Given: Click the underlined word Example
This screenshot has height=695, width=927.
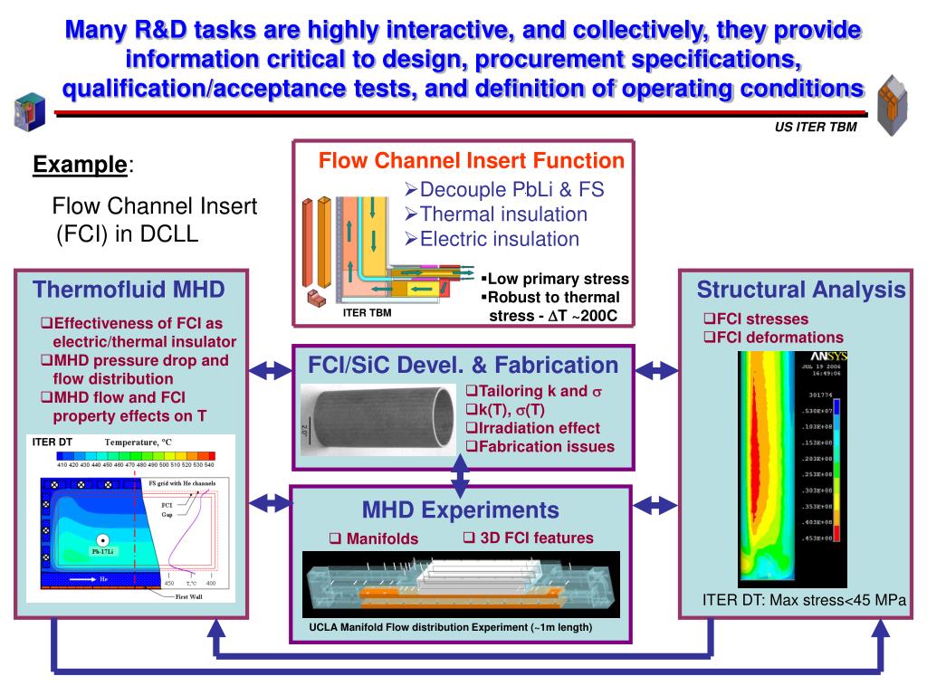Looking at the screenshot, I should click(x=80, y=165).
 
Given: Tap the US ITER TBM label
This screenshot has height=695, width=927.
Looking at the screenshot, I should click(x=815, y=128).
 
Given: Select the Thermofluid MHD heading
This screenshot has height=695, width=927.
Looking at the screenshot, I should click(x=129, y=290).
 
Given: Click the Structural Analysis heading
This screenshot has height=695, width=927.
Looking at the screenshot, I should click(x=800, y=290).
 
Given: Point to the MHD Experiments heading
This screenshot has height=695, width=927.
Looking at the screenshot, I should click(x=460, y=509).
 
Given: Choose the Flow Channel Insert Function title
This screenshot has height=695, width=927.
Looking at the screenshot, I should click(x=471, y=161).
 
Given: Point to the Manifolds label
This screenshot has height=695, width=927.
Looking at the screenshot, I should click(x=374, y=538).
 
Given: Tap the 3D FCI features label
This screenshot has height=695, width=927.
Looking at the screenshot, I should click(x=529, y=538).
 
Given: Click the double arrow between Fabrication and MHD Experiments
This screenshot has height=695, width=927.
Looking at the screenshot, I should click(x=460, y=475).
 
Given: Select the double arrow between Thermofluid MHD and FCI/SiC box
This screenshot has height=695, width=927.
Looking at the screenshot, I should click(x=269, y=370).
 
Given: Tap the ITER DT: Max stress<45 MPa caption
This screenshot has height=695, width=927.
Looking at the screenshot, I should click(x=804, y=599).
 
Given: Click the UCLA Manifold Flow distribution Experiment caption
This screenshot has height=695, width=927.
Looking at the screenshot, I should click(x=451, y=627).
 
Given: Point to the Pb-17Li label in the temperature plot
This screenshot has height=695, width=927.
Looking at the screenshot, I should click(x=104, y=550).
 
